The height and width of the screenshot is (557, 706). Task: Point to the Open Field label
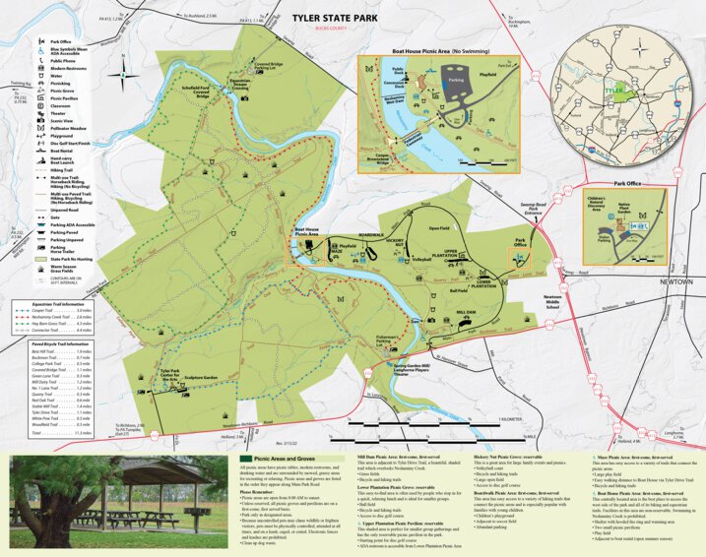pyautogui.click(x=439, y=228)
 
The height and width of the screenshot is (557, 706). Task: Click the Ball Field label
pyautogui.click(x=458, y=290)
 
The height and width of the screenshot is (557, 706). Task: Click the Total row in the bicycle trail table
pyautogui.click(x=53, y=432)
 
